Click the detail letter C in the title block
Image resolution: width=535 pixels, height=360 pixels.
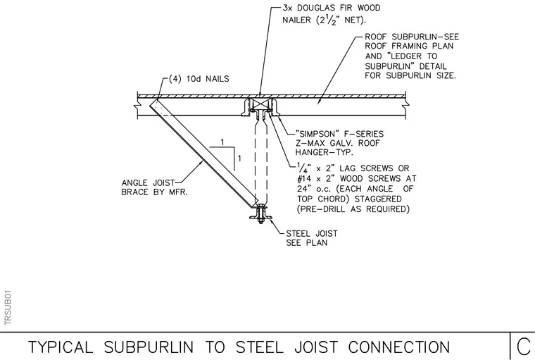coord(524,347)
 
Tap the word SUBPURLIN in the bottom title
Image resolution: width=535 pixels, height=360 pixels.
coord(149,347)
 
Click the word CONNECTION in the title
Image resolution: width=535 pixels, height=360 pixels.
coord(399,347)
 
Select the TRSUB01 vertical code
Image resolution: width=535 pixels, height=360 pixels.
coord(8,308)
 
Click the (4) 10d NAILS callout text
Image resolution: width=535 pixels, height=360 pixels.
coord(199,79)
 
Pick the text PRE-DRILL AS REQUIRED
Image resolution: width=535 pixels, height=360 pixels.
coord(353,209)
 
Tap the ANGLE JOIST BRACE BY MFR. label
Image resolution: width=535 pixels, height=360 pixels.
coord(155,187)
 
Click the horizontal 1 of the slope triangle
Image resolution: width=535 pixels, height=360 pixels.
coord(222,142)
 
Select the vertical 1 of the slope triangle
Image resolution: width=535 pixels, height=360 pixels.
coord(239,159)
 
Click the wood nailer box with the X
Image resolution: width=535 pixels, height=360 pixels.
coord(260,104)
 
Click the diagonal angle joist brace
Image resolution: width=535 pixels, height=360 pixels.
coord(203,154)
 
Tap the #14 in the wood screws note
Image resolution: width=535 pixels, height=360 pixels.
coord(303,179)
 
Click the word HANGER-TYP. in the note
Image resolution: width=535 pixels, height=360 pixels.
coord(324,152)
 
